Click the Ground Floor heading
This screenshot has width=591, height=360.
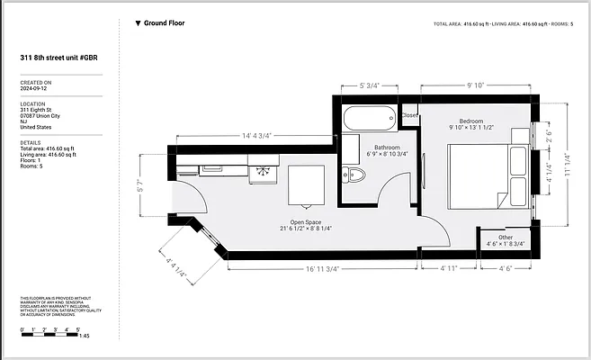coord(165,23)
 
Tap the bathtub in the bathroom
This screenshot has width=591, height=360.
coord(369,118)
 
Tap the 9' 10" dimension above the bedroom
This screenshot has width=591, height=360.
coord(476,86)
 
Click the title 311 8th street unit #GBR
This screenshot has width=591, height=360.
coord(58,58)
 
